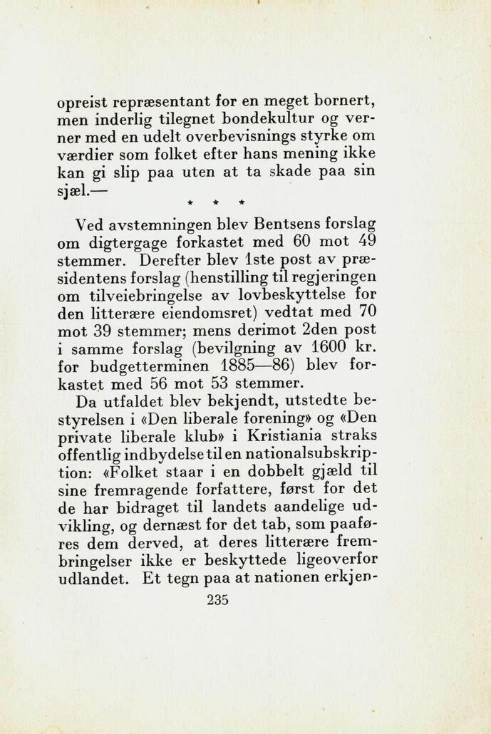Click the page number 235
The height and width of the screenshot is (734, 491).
(x=217, y=600)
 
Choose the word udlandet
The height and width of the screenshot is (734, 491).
(x=89, y=579)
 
